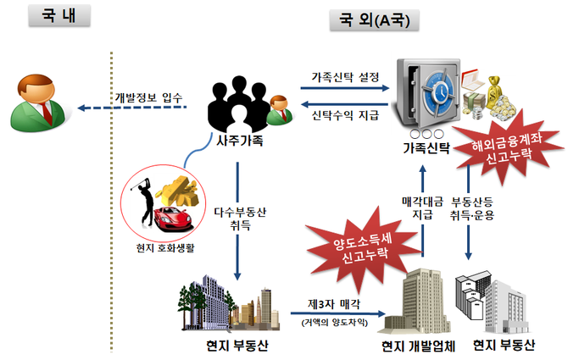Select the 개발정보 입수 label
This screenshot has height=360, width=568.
point(146,97)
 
